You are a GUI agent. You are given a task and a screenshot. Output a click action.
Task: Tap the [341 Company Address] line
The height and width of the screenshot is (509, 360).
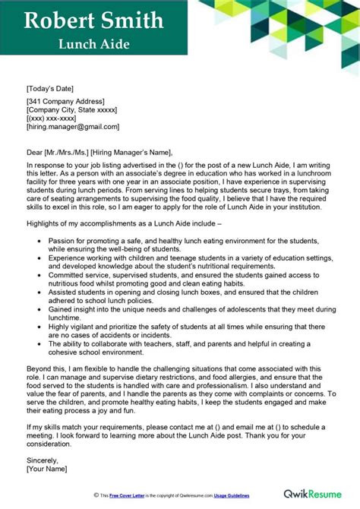(x=66, y=101)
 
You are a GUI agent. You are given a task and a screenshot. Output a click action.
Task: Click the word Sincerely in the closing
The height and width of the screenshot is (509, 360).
(x=43, y=460)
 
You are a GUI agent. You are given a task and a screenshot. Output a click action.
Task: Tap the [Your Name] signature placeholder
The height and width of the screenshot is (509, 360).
(x=47, y=469)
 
